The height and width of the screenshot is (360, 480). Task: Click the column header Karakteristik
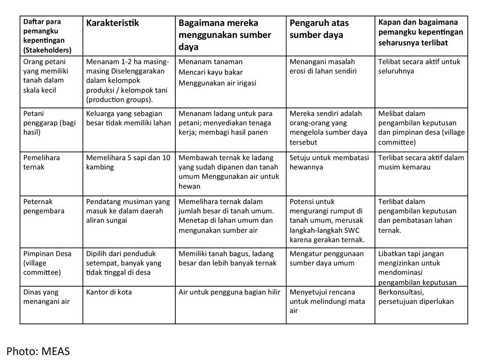(112, 23)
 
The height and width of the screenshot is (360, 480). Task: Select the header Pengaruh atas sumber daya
(319, 29)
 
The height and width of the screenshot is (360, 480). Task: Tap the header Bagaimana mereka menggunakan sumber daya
(225, 35)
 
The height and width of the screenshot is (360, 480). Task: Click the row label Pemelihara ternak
(42, 162)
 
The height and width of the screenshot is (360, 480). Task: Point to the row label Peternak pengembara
(44, 206)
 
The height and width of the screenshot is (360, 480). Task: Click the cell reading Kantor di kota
(109, 292)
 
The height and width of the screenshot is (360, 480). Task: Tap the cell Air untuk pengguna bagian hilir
(229, 292)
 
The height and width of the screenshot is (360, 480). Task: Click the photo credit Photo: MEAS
(38, 351)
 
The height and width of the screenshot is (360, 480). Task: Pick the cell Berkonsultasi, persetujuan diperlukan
(416, 297)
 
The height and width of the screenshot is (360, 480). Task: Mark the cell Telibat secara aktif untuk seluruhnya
(419, 66)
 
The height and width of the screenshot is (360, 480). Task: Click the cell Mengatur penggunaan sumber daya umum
(326, 258)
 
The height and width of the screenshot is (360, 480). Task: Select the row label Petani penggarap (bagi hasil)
(49, 123)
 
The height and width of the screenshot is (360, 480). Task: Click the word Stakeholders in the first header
(47, 50)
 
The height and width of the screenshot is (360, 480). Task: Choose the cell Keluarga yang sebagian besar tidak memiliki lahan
(128, 118)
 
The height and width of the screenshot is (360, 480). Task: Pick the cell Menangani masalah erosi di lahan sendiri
(323, 66)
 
